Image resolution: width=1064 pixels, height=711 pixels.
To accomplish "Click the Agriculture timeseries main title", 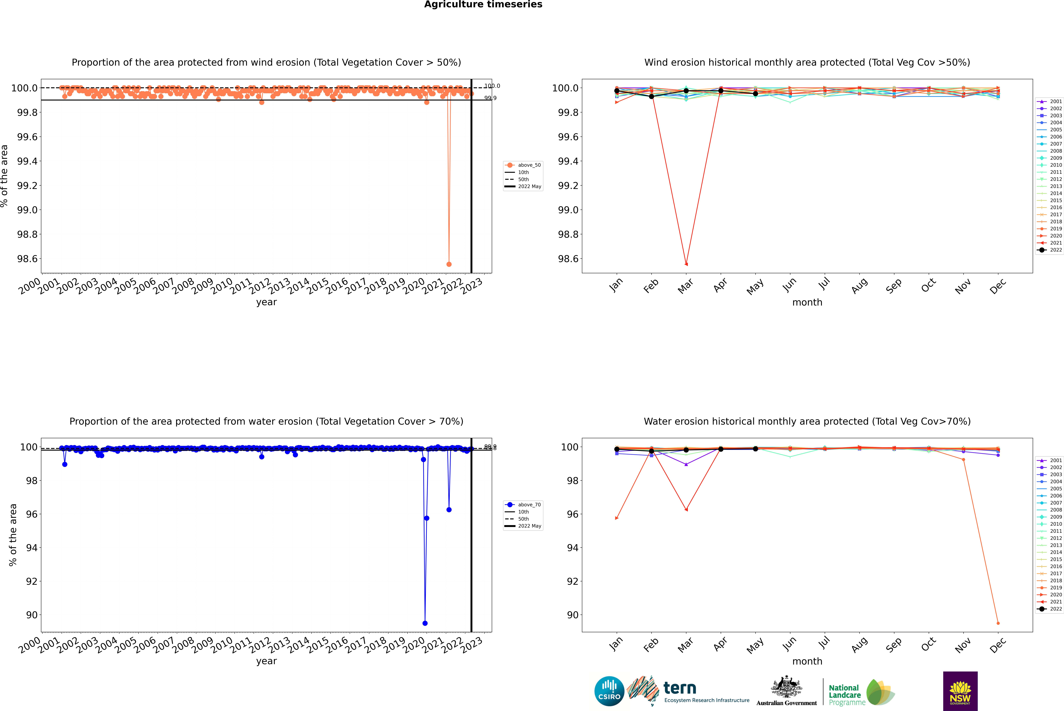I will (x=483, y=5).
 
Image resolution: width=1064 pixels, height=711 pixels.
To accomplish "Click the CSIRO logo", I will (x=609, y=691).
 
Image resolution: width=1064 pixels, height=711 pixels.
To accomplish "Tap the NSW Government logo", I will (x=960, y=691).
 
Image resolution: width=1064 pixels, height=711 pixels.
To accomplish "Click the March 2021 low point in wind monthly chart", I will (x=686, y=264).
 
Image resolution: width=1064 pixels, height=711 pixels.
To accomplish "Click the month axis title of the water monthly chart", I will (x=807, y=661).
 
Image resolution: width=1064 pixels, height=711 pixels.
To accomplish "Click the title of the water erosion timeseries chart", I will (x=266, y=421).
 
